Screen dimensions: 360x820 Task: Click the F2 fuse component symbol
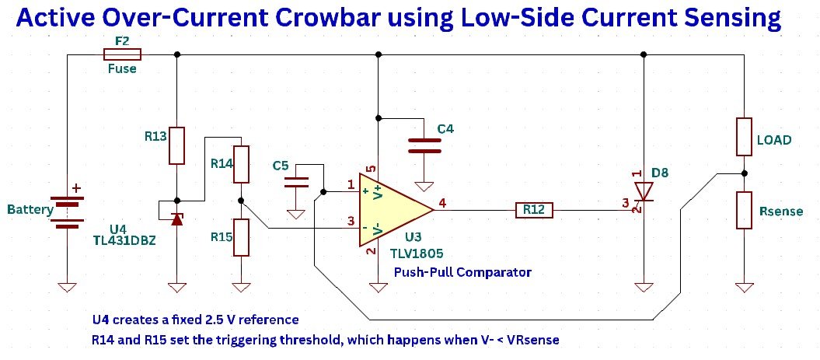pyautogui.click(x=122, y=54)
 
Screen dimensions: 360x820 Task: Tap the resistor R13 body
pyautogui.click(x=177, y=145)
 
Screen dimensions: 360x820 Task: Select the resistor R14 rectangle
pyautogui.click(x=243, y=164)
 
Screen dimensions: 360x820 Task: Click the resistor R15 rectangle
pyautogui.click(x=243, y=237)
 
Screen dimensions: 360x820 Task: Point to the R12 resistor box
pyautogui.click(x=534, y=209)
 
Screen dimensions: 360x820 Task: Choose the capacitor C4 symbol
pyautogui.click(x=424, y=145)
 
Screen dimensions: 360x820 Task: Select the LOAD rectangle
pyautogui.click(x=744, y=138)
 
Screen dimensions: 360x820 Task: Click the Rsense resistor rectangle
pyautogui.click(x=744, y=210)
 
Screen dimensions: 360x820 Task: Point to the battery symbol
pyautogui.click(x=68, y=211)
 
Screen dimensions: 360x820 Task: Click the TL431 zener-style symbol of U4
pyautogui.click(x=176, y=218)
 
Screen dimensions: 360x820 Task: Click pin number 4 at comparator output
pyautogui.click(x=442, y=203)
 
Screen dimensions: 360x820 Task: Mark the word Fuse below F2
pyautogui.click(x=122, y=68)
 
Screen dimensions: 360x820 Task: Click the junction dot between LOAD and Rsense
pyautogui.click(x=744, y=173)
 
